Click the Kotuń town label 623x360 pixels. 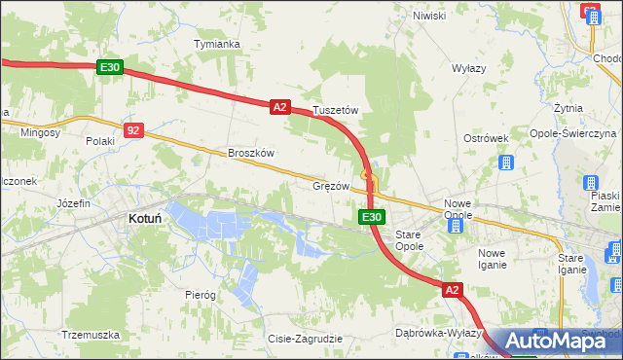pos(144,220)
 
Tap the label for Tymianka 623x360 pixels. pos(217,44)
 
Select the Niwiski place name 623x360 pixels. pos(428,16)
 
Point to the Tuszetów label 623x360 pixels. pos(336,111)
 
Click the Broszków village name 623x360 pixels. pos(251,153)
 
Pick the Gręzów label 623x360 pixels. pos(330,185)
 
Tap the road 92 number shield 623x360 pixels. pos(134,128)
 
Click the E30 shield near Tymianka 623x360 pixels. pos(110,67)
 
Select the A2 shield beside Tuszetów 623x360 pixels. pos(279,107)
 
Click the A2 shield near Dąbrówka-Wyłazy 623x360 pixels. pos(452,290)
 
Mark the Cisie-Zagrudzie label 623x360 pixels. pos(305,339)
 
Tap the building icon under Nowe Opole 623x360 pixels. pos(455,226)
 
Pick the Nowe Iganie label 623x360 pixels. pos(492,258)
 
